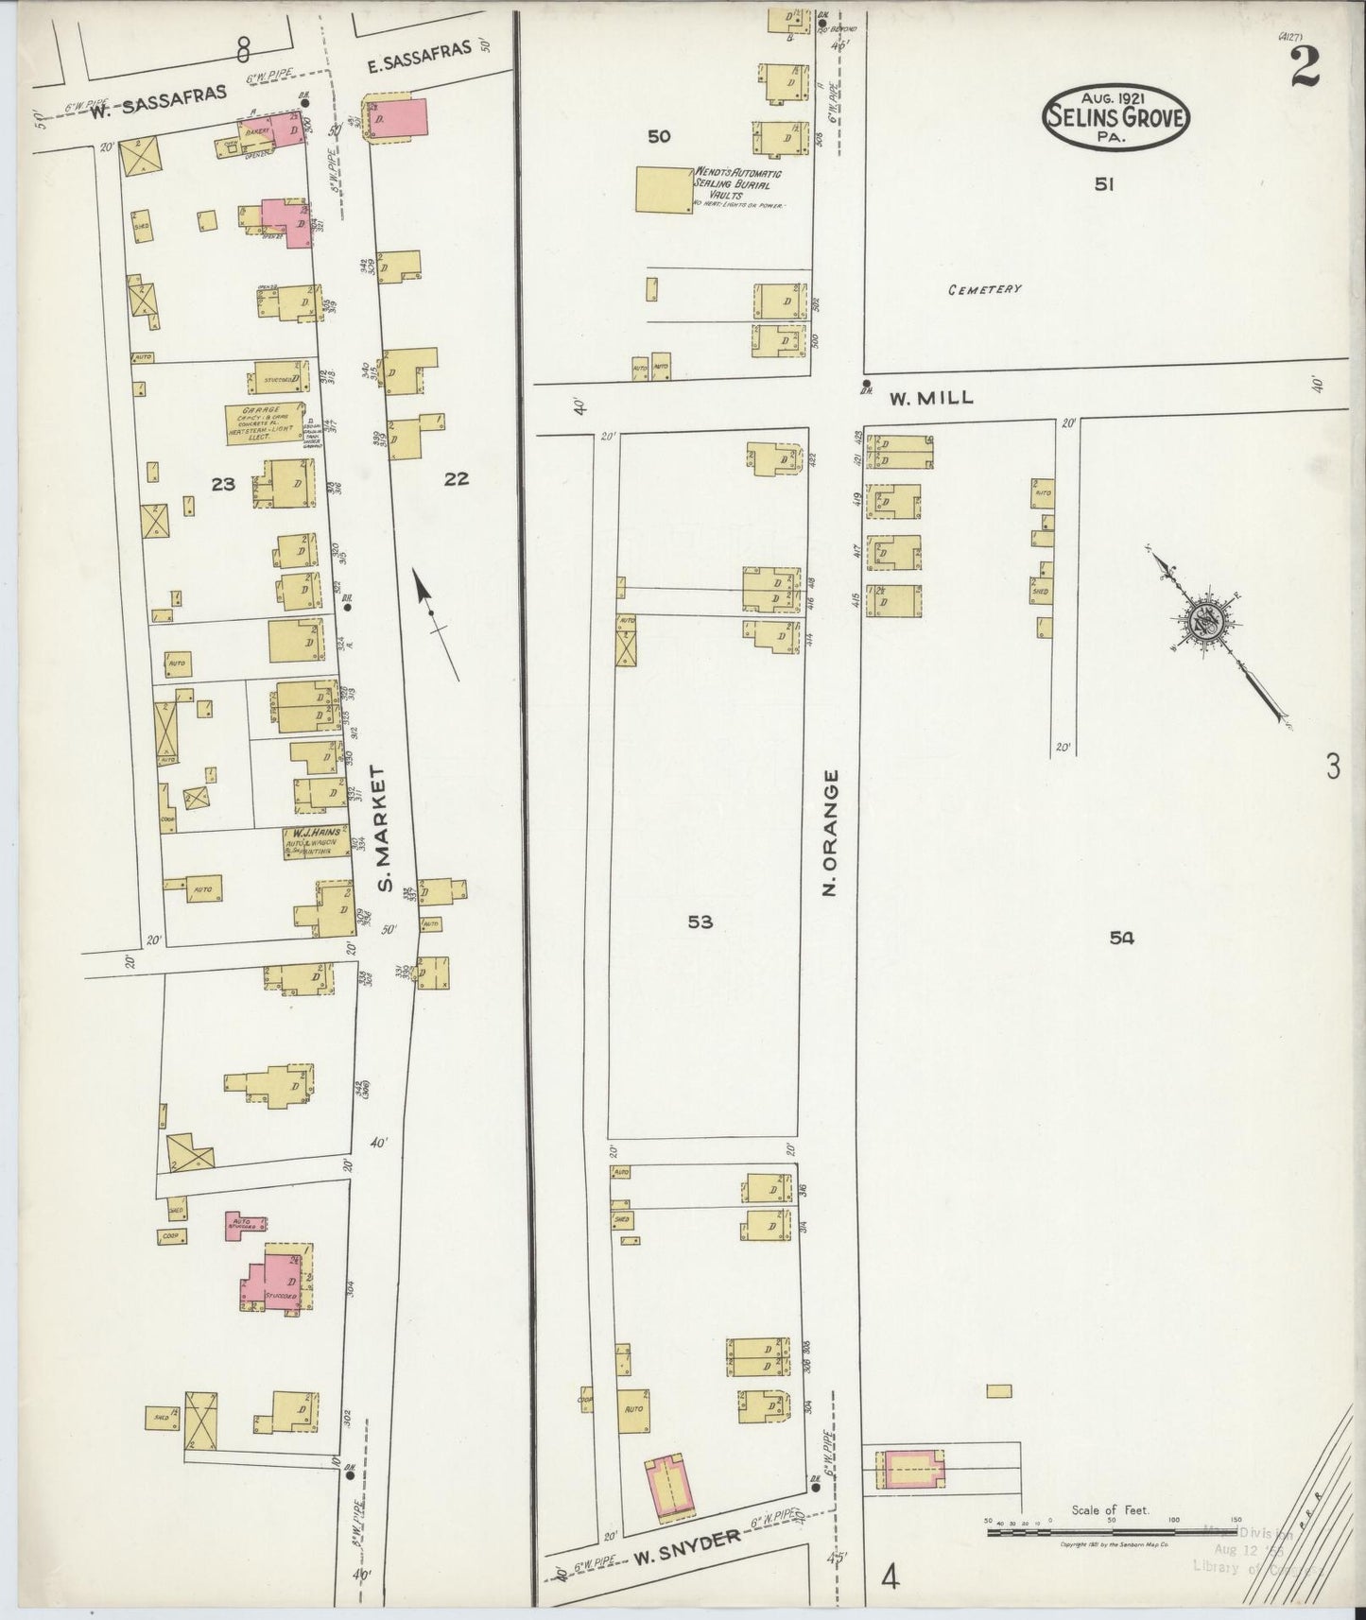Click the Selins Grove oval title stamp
pos(1115,116)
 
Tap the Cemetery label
pos(984,289)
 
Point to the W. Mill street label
pos(930,399)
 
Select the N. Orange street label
pos(832,832)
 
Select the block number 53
pos(700,922)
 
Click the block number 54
pos(1121,938)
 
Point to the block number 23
pos(223,485)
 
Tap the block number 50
pos(659,137)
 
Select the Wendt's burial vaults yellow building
pos(664,190)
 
